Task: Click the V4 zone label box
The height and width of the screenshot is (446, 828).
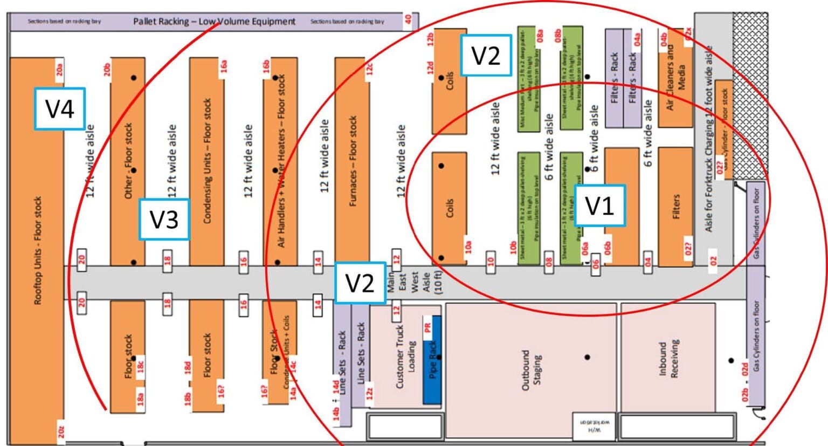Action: (x=59, y=108)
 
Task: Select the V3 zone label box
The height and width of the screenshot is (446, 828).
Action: (x=164, y=219)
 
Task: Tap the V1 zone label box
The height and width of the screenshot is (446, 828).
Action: (x=599, y=205)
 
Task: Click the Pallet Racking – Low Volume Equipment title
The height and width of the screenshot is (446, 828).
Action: (x=214, y=22)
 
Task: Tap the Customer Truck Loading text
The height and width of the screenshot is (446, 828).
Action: (x=405, y=356)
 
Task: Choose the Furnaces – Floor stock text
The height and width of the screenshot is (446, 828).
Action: (x=353, y=161)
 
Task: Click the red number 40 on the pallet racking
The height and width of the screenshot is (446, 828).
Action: (x=408, y=19)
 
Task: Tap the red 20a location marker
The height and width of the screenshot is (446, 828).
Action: (x=60, y=69)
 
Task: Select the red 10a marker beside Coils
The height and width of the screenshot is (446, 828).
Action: (x=468, y=248)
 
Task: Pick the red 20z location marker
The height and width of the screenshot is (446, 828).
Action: (x=61, y=431)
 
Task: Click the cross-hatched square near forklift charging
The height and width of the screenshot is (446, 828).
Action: (x=750, y=95)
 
